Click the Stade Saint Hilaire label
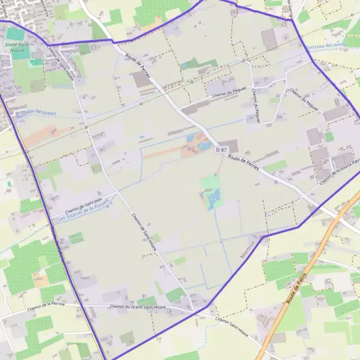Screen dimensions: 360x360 (17, 47)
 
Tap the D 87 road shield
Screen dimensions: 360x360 (221, 150)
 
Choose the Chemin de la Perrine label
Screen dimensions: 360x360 (46, 304)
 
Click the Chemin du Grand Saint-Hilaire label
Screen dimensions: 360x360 (137, 307)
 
